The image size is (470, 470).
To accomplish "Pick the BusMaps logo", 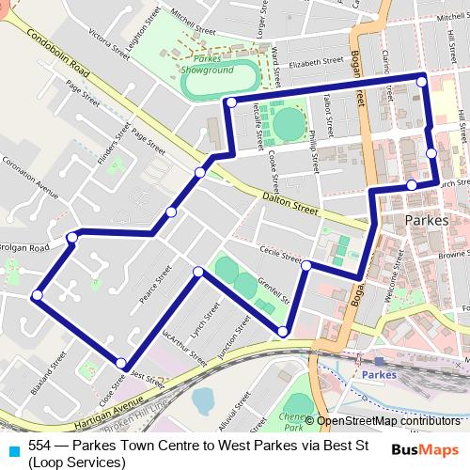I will coord(424,448).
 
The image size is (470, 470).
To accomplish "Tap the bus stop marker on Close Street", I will coord(121,363).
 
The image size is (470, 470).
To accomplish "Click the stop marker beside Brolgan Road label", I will coord(71,238).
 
